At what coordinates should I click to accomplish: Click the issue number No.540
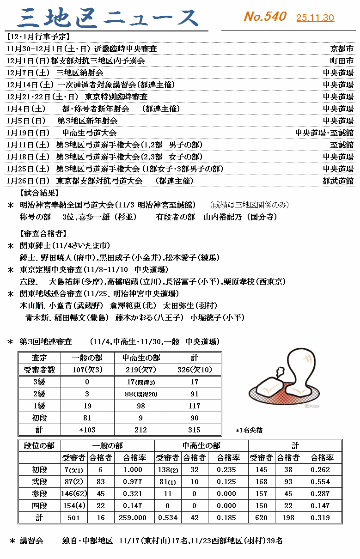(x=265, y=17)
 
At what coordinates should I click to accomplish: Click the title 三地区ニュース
(x=108, y=18)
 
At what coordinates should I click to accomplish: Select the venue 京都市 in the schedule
(x=342, y=49)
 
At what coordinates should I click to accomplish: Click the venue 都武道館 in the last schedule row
(x=338, y=181)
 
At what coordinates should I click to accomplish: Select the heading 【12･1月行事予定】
(x=37, y=36)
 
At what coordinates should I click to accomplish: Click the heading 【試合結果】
(x=39, y=193)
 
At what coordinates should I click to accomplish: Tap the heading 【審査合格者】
(x=43, y=233)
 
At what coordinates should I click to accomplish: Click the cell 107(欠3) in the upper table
(x=87, y=370)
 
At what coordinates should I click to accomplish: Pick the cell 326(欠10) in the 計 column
(x=194, y=370)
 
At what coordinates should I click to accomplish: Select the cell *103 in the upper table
(x=87, y=430)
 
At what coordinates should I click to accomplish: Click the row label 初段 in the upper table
(x=39, y=418)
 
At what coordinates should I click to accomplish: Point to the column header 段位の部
(x=39, y=445)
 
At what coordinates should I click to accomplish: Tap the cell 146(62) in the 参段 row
(x=74, y=493)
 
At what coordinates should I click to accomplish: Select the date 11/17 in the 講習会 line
(x=128, y=541)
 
